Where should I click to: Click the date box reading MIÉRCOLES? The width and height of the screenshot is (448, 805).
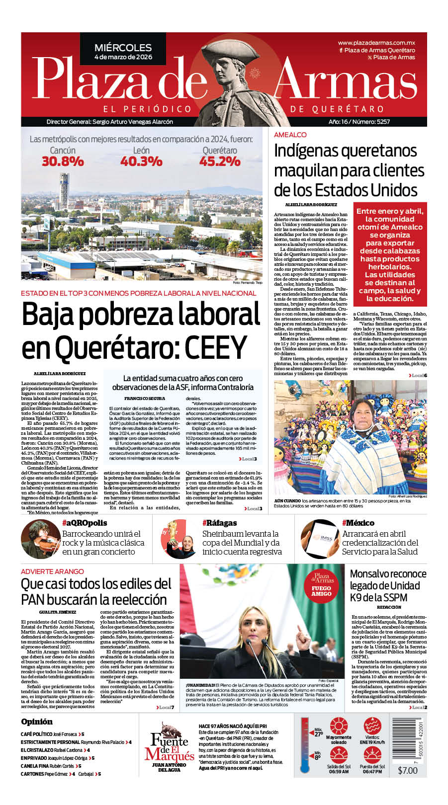[x=123, y=52]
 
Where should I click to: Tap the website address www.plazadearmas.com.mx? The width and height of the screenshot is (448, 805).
[x=376, y=43]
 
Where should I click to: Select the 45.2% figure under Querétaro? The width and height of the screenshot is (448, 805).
[x=220, y=161]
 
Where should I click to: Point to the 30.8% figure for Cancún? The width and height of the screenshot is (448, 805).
[x=63, y=161]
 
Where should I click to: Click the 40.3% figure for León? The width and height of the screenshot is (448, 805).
[x=141, y=161]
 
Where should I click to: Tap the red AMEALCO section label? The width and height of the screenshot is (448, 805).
[x=290, y=135]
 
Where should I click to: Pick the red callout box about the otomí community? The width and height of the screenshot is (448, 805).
[x=390, y=254]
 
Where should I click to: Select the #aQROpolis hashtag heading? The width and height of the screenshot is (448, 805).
[x=85, y=523]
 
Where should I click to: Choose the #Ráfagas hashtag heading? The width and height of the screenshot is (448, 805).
[x=219, y=523]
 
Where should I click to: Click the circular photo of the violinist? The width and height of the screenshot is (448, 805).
[x=40, y=540]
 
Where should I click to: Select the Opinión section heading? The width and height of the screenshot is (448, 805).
[x=37, y=722]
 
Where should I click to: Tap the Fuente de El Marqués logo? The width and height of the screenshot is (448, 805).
[x=170, y=745]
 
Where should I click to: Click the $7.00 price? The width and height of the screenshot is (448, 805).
[x=408, y=770]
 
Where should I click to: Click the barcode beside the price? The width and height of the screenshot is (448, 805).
[x=409, y=739]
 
